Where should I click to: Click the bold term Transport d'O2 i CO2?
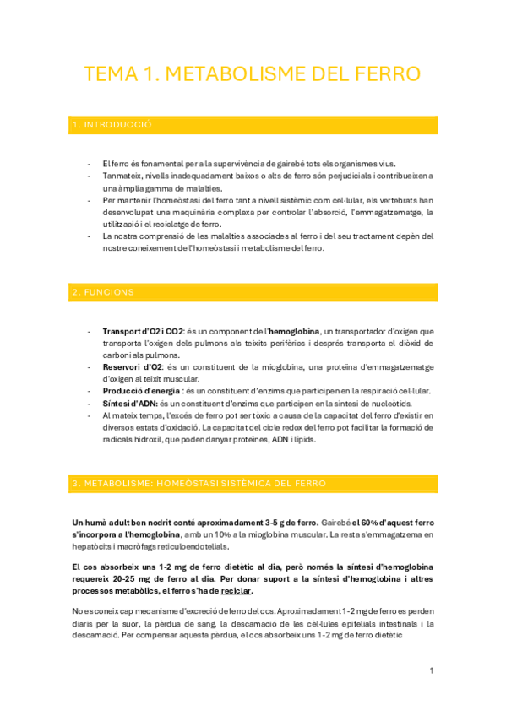[x=142, y=331]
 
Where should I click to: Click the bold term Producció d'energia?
[x=141, y=392]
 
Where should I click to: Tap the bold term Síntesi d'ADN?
[x=128, y=404]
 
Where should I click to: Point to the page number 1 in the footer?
[x=431, y=670]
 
